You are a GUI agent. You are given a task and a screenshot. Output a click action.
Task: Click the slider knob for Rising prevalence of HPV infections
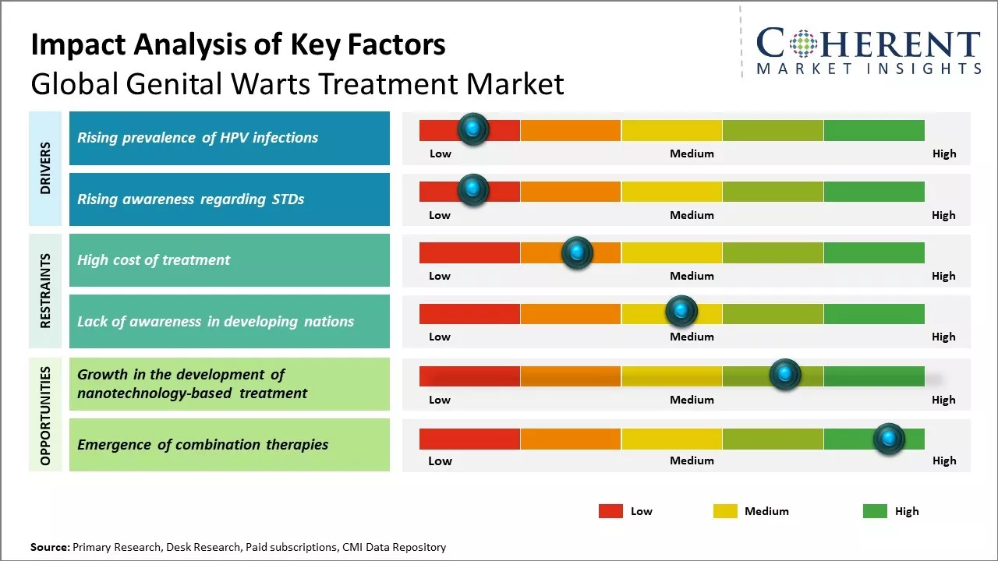click(472, 129)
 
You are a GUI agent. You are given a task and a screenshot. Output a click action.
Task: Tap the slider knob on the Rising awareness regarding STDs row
click(472, 190)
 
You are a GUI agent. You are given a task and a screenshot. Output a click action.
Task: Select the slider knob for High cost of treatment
click(577, 252)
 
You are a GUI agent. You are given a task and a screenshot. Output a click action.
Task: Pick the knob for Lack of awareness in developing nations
click(681, 312)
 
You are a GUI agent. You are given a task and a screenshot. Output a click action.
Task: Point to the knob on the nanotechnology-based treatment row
click(784, 375)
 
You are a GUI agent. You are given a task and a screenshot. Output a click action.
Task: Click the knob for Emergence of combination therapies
click(888, 439)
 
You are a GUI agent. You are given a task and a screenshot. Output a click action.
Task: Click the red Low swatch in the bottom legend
click(610, 511)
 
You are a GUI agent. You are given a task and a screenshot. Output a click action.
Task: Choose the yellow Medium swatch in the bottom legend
click(725, 511)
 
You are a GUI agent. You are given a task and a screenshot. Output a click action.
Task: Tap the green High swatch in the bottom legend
click(875, 511)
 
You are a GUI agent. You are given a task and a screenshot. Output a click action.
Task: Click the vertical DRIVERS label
click(45, 168)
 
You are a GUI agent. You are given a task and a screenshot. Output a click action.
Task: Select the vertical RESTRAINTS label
click(45, 291)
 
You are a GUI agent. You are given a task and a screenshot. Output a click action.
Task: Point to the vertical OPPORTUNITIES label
click(45, 415)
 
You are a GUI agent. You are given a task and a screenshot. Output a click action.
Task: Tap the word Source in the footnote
click(49, 548)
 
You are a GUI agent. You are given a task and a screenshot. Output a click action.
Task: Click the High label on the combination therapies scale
click(944, 460)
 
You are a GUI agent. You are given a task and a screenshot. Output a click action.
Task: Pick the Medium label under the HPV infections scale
click(692, 153)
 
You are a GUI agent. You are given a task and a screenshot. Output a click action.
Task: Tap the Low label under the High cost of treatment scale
click(440, 276)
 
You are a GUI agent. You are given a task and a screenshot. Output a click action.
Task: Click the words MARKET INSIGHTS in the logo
click(869, 69)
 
